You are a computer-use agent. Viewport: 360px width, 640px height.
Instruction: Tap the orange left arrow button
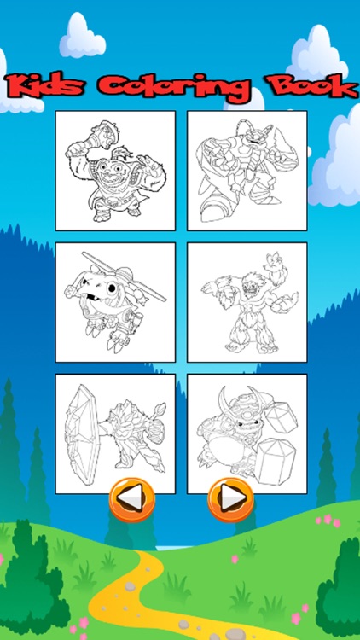(131, 497)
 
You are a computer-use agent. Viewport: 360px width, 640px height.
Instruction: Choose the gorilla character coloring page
(115, 171)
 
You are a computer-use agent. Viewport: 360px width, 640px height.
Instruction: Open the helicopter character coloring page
(115, 303)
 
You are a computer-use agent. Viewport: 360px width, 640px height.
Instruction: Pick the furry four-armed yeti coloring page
(247, 303)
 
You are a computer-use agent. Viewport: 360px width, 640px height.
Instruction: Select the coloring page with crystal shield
(115, 433)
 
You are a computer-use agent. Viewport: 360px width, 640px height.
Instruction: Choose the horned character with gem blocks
(247, 433)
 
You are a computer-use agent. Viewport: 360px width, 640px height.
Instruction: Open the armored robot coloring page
(247, 171)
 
